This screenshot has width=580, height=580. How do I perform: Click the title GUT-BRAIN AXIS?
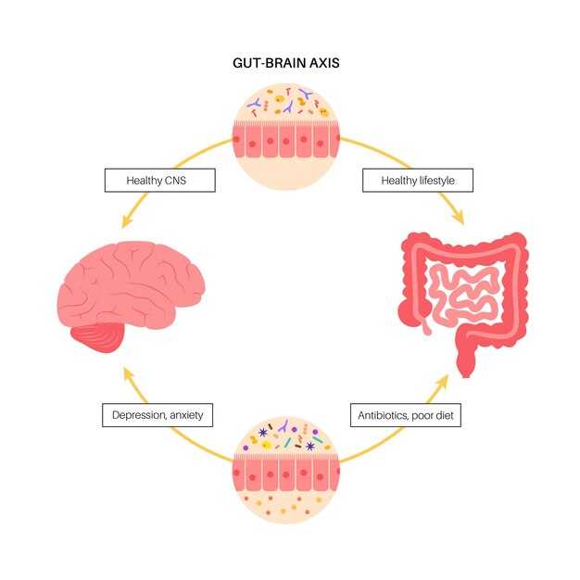point(286,63)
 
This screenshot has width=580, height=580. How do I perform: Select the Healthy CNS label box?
point(159,181)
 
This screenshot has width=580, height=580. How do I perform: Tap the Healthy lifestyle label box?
point(418,181)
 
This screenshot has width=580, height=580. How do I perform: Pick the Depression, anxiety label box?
point(158,415)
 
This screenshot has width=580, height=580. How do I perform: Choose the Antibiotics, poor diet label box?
point(406,415)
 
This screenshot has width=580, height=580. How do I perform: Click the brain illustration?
point(131,292)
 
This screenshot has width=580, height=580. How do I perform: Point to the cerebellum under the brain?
point(99,337)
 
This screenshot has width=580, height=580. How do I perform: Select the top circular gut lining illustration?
point(286,137)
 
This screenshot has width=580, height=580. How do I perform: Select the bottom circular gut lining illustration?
point(286,470)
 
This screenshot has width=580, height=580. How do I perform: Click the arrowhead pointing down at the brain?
point(127,222)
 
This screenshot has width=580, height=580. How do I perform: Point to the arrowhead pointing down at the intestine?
point(460,219)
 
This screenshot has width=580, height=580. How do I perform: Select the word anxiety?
point(186,416)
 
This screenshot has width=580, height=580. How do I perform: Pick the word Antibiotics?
point(382,415)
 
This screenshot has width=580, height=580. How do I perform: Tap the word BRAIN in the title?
point(286,63)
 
